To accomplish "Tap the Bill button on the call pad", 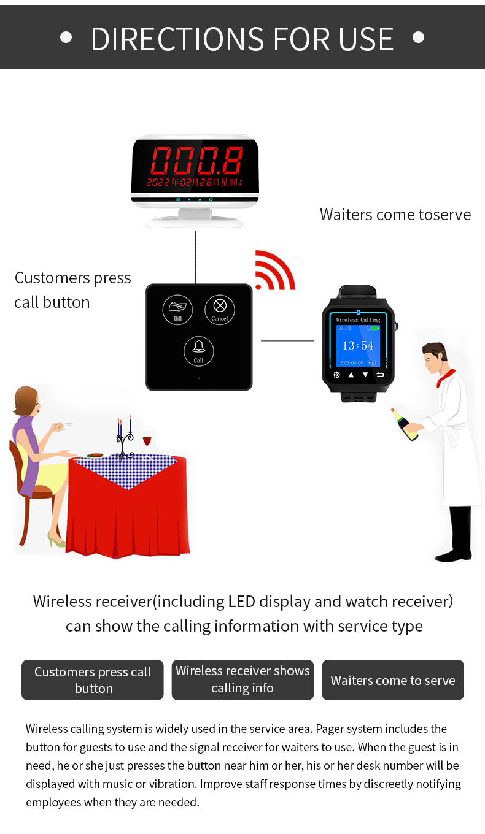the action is point(177,310).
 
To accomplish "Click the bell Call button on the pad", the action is point(199,351).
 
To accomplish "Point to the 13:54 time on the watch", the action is point(358,345).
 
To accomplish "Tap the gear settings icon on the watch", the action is point(336,375).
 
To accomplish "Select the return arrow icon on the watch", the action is point(380,375).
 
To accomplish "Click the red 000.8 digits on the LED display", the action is point(197,161).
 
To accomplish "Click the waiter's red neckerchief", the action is point(446,378).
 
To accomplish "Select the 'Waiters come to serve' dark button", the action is point(393,680).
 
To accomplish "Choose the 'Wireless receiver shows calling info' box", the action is point(243,680).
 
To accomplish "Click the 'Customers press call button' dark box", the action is point(93,680).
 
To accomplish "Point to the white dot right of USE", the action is point(418,37).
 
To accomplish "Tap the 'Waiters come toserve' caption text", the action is point(395,215).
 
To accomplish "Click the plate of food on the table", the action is point(95,455).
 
